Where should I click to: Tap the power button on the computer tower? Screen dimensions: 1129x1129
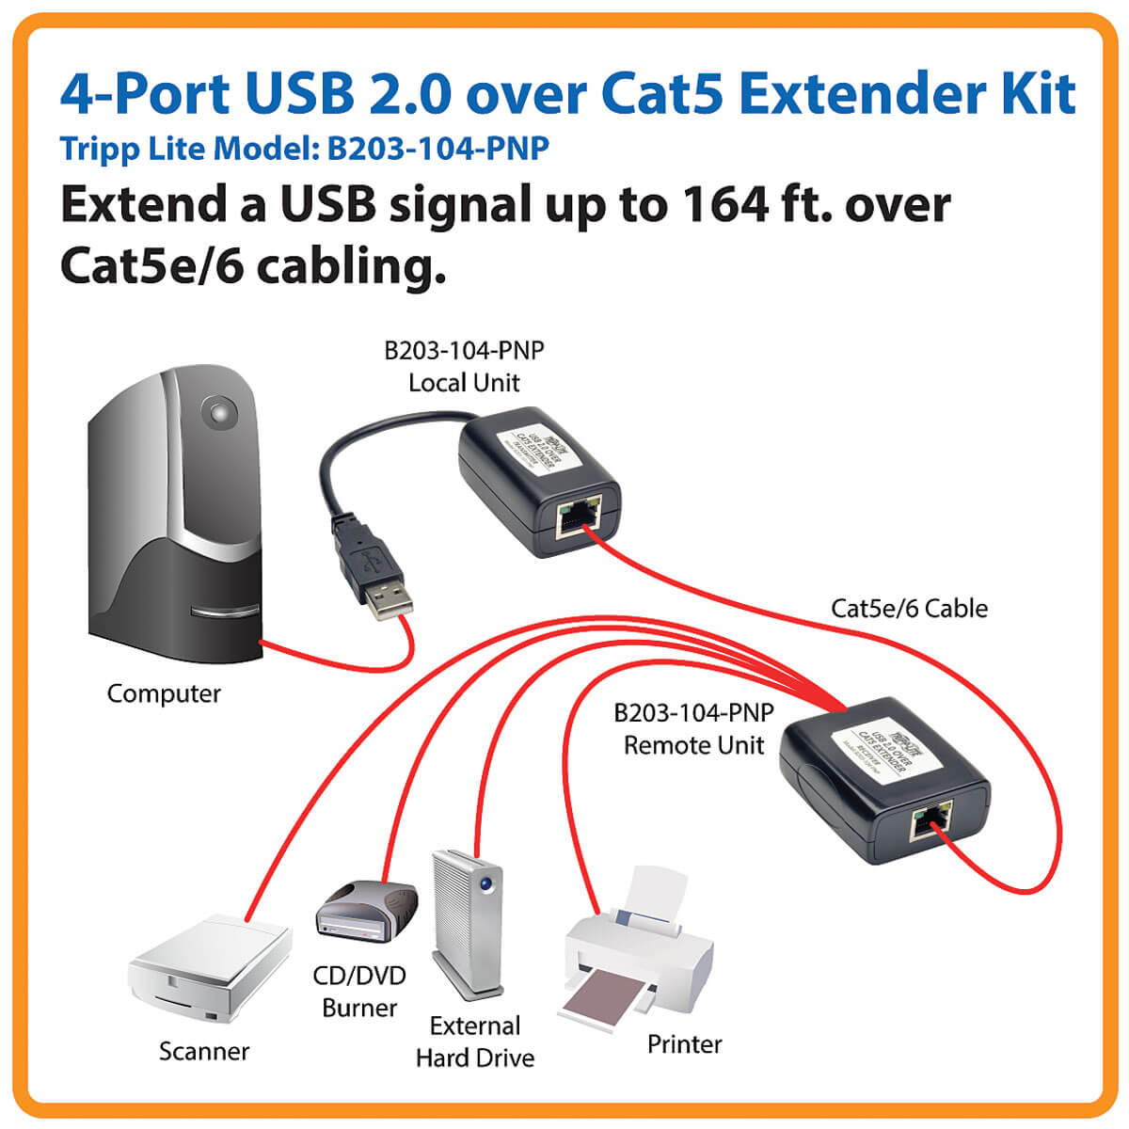click(x=219, y=412)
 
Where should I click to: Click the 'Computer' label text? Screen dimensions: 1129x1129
click(x=164, y=694)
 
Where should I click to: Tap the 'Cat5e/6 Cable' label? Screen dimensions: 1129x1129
click(x=909, y=609)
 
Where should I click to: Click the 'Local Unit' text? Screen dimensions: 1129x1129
click(x=464, y=383)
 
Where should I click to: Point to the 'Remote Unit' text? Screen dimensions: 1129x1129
click(x=694, y=746)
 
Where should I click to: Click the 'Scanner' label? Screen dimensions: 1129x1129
click(x=204, y=1051)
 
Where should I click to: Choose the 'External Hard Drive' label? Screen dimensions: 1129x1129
click(x=475, y=1042)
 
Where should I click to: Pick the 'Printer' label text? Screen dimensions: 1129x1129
click(x=685, y=1044)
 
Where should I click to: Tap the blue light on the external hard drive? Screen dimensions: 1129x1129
click(x=485, y=884)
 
